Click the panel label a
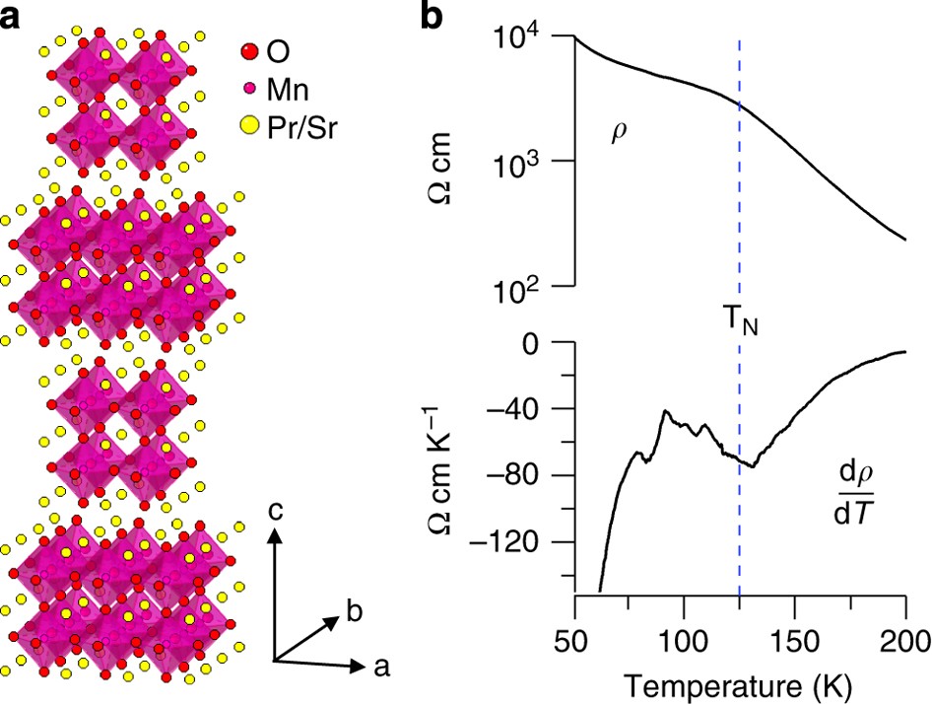(12, 19)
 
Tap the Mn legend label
(291, 90)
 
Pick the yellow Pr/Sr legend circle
(250, 126)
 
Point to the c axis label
(279, 512)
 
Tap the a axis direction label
(382, 668)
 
